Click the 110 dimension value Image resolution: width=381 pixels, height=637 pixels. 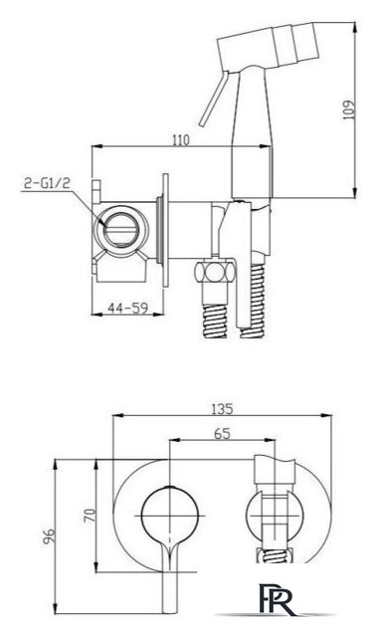181,140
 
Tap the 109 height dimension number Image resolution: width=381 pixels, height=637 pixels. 348,109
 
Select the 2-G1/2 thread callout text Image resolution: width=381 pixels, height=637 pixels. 47,183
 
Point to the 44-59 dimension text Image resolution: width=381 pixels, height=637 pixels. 127,308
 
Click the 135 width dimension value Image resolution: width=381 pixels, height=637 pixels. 222,408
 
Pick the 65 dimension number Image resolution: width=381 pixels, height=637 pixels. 222,434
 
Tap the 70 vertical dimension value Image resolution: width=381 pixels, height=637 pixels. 90,515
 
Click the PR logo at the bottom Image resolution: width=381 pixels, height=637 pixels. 277,599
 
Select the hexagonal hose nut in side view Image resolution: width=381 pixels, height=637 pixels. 215,272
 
